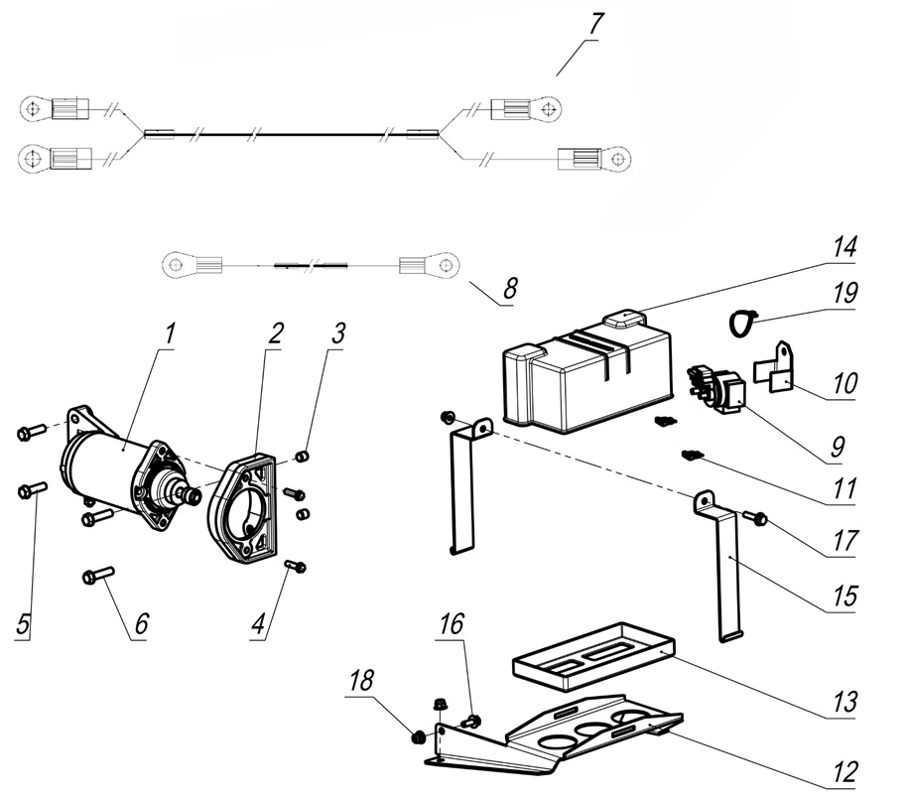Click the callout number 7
tap(592, 26)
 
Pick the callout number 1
tap(169, 333)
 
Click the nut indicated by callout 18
tap(419, 736)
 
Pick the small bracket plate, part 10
tap(781, 365)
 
